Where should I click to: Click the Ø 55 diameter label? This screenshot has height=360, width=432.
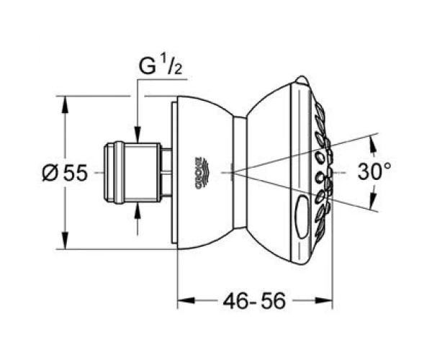coord(65,174)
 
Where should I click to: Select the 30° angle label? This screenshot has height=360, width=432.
coord(374,171)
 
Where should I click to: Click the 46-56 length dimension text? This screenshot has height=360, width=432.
coord(254,301)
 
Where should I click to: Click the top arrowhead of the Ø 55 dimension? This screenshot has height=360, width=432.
coord(65,104)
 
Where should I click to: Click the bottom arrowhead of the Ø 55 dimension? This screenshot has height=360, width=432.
coord(65,240)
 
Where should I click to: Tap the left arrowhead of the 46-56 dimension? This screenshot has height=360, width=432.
coord(186,300)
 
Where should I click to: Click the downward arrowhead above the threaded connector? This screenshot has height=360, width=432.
coord(138,135)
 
